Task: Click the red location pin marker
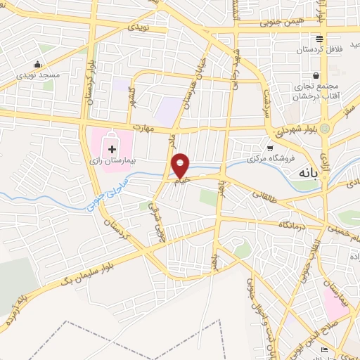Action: tap(181, 165)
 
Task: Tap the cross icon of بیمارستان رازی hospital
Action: tap(111, 149)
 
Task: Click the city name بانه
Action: tap(310, 172)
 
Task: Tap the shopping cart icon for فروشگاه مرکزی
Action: tap(270, 148)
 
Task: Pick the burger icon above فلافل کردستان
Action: tap(319, 39)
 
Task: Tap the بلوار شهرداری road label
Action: tap(292, 131)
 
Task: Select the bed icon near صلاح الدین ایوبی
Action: tap(325, 349)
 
